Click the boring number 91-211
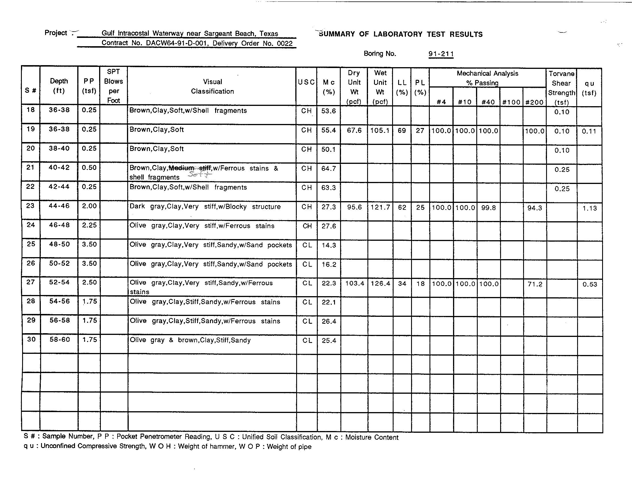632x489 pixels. pyautogui.click(x=441, y=54)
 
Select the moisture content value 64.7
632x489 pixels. pyautogui.click(x=328, y=168)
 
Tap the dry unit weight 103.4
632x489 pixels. pyautogui.click(x=354, y=284)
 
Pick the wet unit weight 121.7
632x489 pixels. pyautogui.click(x=380, y=207)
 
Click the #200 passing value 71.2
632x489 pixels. pyautogui.click(x=535, y=284)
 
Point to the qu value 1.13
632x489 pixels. pyautogui.click(x=589, y=208)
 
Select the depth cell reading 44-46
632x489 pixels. pyautogui.click(x=59, y=206)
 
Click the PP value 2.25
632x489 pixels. pyautogui.click(x=89, y=225)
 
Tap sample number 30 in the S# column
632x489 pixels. pyautogui.click(x=31, y=339)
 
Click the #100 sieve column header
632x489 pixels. pyautogui.click(x=511, y=102)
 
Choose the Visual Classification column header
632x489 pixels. pyautogui.click(x=212, y=86)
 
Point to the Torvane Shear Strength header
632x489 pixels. pyautogui.click(x=561, y=88)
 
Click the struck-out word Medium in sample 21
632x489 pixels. pyautogui.click(x=181, y=168)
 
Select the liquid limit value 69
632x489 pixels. pyautogui.click(x=402, y=131)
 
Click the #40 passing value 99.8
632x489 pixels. pyautogui.click(x=488, y=208)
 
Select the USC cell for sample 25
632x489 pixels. pyautogui.click(x=307, y=245)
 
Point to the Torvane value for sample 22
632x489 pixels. pyautogui.click(x=562, y=189)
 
